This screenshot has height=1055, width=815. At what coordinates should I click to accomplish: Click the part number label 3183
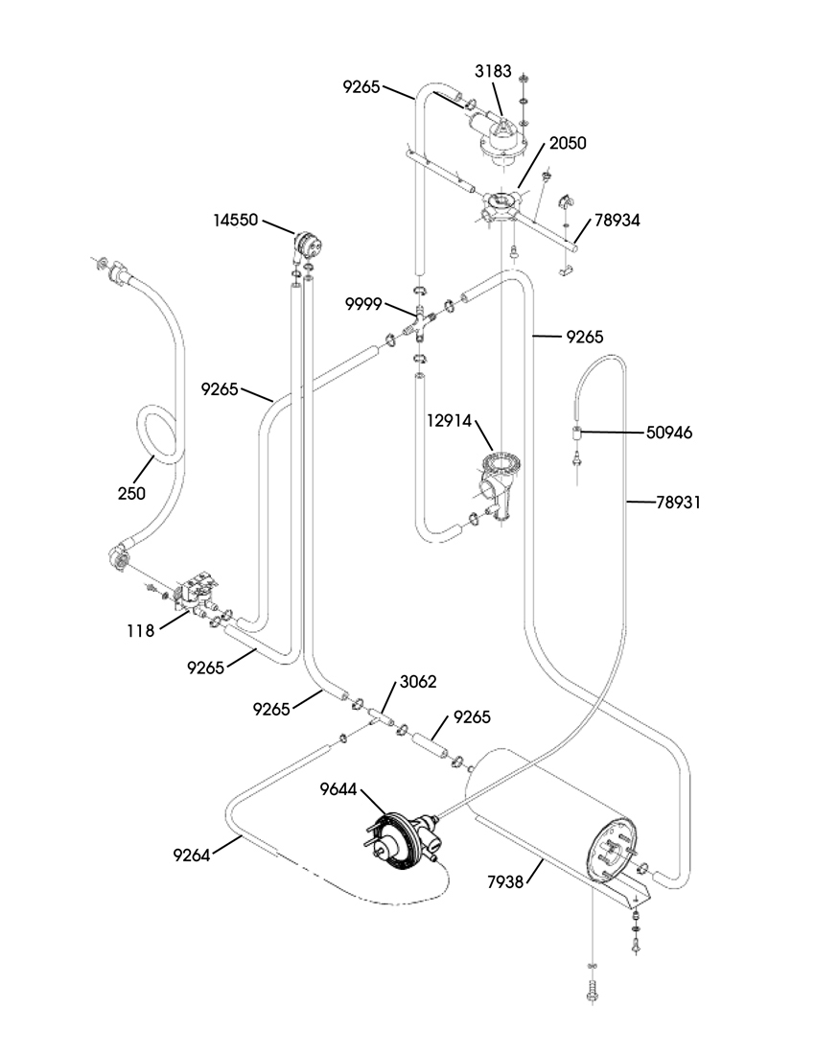pyautogui.click(x=493, y=71)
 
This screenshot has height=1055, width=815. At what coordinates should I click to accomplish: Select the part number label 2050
pyautogui.click(x=568, y=143)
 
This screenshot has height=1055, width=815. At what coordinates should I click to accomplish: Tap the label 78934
pyautogui.click(x=617, y=220)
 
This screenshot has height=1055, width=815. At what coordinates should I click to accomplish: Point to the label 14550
pyautogui.click(x=235, y=220)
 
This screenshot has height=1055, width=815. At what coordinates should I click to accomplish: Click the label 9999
pyautogui.click(x=363, y=304)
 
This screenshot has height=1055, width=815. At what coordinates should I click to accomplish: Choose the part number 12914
pyautogui.click(x=449, y=421)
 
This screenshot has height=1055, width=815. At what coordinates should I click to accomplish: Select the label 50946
pyautogui.click(x=669, y=432)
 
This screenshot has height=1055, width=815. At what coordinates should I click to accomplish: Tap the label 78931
pyautogui.click(x=679, y=502)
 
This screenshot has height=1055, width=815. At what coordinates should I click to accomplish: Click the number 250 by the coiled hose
pyautogui.click(x=131, y=493)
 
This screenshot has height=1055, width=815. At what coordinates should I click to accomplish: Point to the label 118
pyautogui.click(x=141, y=630)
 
